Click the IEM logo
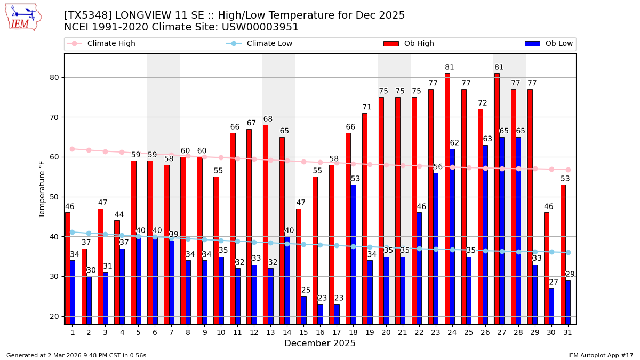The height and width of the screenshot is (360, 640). (23, 17)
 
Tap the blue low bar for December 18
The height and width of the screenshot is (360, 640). (353, 254)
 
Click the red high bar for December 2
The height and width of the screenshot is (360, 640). (84, 286)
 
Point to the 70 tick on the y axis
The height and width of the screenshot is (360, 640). (55, 117)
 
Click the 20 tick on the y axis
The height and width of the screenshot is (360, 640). (55, 316)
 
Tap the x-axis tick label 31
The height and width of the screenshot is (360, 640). (568, 332)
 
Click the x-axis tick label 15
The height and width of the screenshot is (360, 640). (303, 332)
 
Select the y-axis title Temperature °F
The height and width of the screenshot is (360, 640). (43, 189)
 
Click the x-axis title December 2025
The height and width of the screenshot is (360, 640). (319, 343)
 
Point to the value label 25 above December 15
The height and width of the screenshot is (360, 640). (306, 291)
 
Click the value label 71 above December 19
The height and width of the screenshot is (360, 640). (367, 107)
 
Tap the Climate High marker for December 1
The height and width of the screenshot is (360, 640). (72, 149)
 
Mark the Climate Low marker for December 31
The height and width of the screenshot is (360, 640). (568, 252)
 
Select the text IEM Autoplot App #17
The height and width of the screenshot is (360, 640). (601, 355)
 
